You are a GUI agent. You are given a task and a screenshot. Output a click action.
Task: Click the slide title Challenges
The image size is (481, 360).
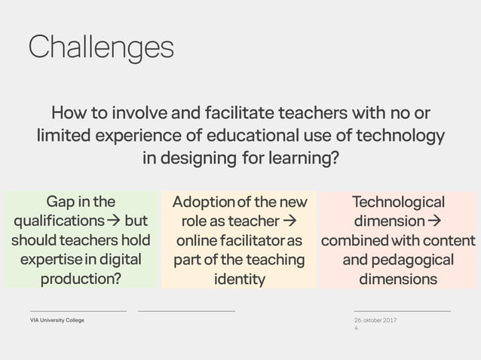click(101, 47)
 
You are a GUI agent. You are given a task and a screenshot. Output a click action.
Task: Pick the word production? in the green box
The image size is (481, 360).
click(81, 279)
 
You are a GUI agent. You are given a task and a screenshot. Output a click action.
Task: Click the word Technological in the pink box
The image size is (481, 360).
click(399, 202)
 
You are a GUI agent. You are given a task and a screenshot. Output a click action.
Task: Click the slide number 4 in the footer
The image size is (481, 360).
click(356, 328)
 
